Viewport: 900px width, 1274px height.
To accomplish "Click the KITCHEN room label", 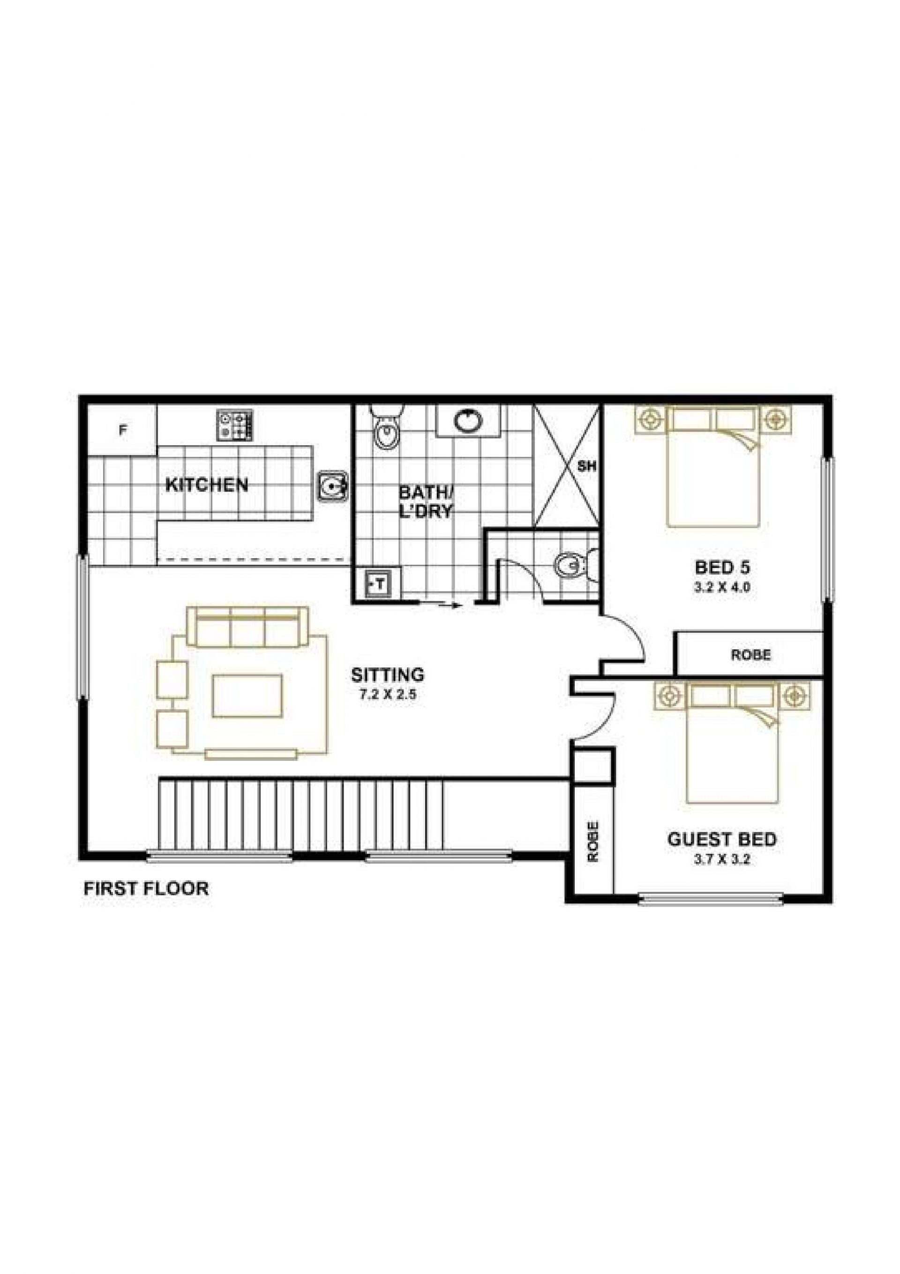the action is tap(207, 485).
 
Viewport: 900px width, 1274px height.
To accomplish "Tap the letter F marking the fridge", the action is tap(123, 430).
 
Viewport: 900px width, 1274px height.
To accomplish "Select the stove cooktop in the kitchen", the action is tap(234, 425).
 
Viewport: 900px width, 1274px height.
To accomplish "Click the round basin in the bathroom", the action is tap(468, 421).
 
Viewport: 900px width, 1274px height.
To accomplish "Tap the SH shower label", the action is tap(586, 467).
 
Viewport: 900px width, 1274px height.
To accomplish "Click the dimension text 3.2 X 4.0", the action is tap(722, 588).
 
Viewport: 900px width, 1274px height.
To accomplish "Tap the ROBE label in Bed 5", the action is tap(751, 655).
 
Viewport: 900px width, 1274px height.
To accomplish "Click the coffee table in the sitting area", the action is tap(248, 695).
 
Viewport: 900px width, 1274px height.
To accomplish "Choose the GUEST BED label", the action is tap(722, 840).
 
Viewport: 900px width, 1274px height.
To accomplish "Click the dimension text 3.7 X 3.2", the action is tap(722, 860).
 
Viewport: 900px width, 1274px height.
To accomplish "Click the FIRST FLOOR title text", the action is tap(146, 888).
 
